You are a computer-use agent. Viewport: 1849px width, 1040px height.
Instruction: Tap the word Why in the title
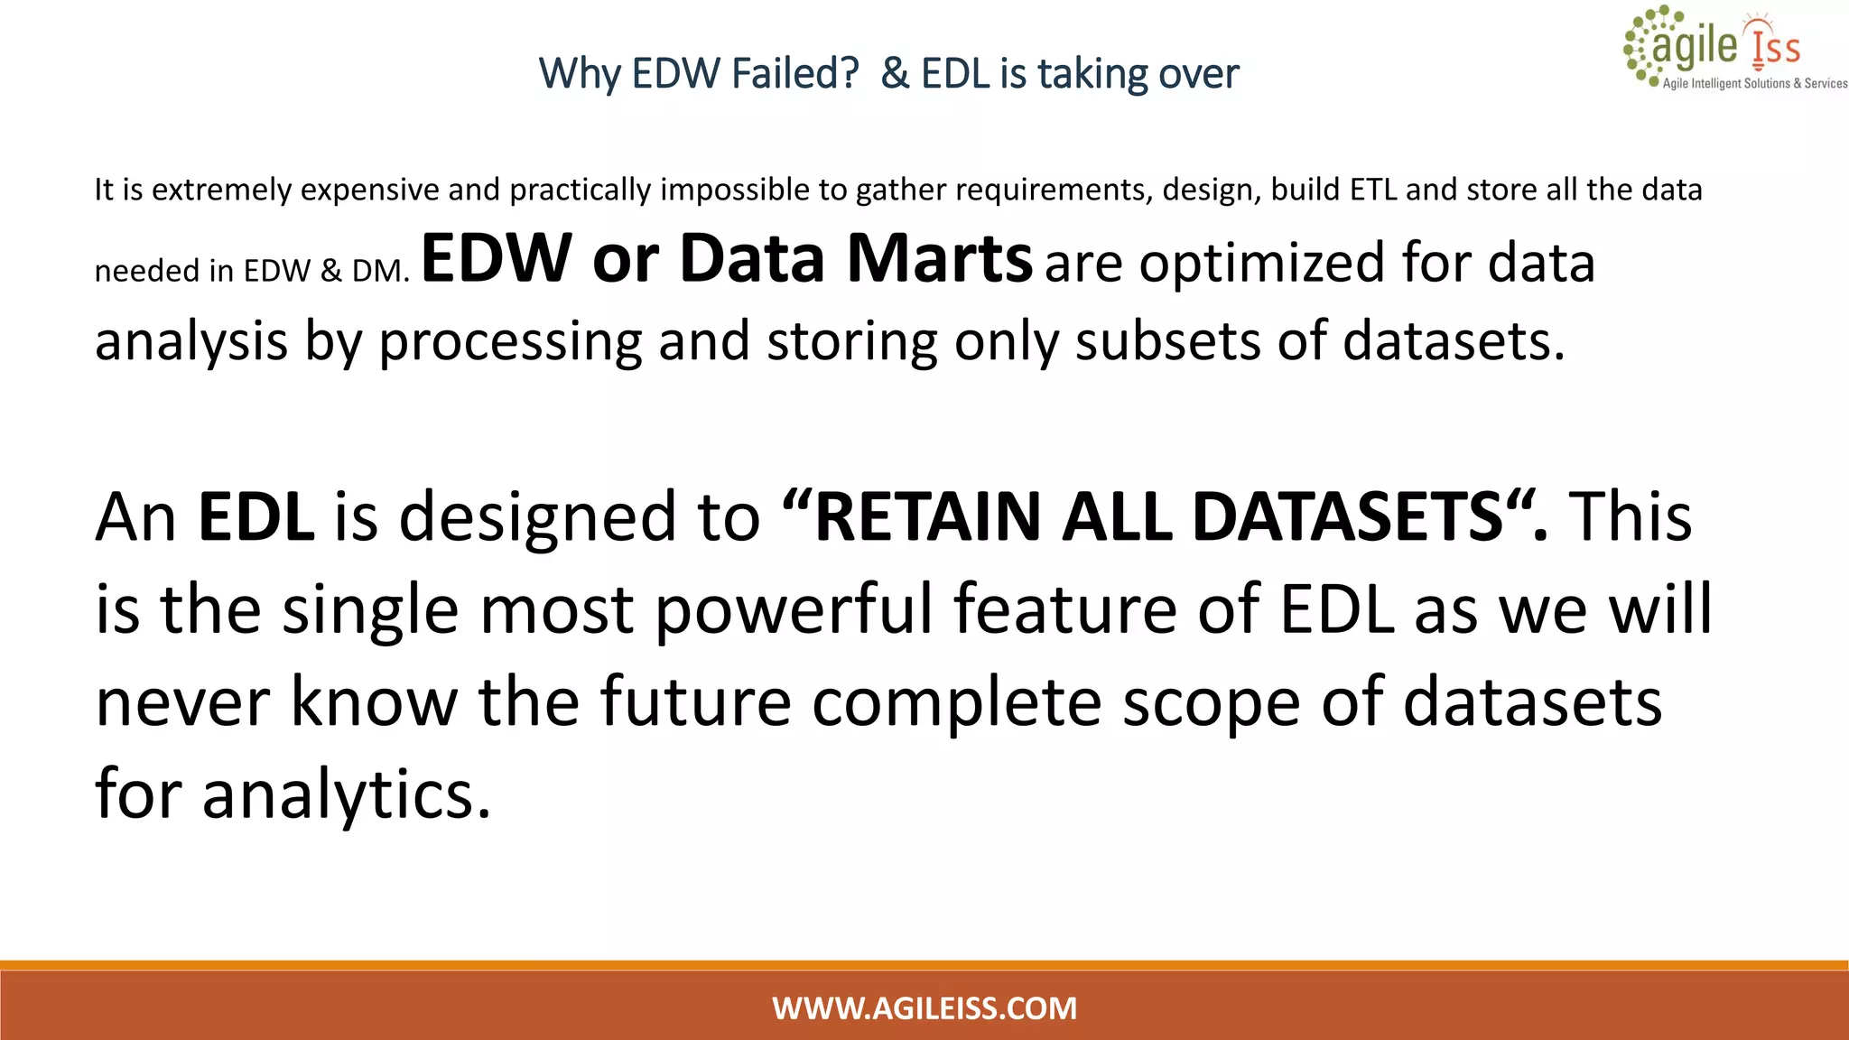(x=580, y=74)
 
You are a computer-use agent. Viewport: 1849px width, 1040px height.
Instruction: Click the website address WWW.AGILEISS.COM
(x=924, y=1008)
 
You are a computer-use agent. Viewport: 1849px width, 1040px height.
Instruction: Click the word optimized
(x=1260, y=264)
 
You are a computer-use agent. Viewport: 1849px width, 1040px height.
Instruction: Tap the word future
(x=695, y=702)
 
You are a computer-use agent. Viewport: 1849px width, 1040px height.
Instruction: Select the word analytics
(x=348, y=795)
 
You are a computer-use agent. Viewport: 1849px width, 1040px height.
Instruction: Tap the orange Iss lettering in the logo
(x=1775, y=48)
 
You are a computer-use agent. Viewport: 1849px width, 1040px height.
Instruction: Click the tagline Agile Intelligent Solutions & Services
(x=1754, y=84)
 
